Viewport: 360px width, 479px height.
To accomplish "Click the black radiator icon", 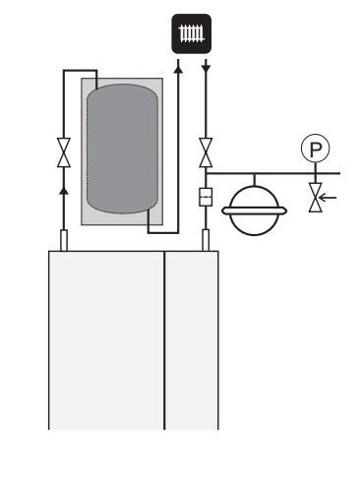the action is pyautogui.click(x=192, y=33).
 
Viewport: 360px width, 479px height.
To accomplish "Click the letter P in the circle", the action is pyautogui.click(x=316, y=150).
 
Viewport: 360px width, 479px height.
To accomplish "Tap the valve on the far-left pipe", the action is pyautogui.click(x=64, y=152).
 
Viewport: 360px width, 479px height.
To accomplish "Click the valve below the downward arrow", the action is pyautogui.click(x=206, y=152).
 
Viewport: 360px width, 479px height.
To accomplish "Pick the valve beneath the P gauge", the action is pyautogui.click(x=316, y=198).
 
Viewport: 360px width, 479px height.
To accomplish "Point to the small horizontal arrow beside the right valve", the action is pyautogui.click(x=328, y=198).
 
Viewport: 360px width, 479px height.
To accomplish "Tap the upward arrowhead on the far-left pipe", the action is pyautogui.click(x=64, y=191).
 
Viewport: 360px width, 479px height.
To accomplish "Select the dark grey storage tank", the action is pyautogui.click(x=122, y=149).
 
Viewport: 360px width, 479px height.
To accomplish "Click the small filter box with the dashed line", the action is pyautogui.click(x=206, y=197).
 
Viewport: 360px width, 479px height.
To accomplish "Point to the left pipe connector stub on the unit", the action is pyautogui.click(x=64, y=240).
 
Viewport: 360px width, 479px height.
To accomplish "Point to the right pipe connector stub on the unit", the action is pyautogui.click(x=206, y=240).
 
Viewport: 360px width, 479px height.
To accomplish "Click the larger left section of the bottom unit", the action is pyautogui.click(x=106, y=340).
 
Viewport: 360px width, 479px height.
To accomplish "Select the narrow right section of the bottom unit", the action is pyautogui.click(x=192, y=340).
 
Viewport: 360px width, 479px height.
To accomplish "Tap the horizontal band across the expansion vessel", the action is pyautogui.click(x=255, y=210).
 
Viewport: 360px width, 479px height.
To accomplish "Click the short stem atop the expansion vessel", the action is pyautogui.click(x=255, y=180).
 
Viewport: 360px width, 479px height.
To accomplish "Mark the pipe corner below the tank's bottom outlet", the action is pyautogui.click(x=149, y=233).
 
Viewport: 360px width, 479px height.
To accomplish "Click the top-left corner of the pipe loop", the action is pyautogui.click(x=64, y=71).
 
